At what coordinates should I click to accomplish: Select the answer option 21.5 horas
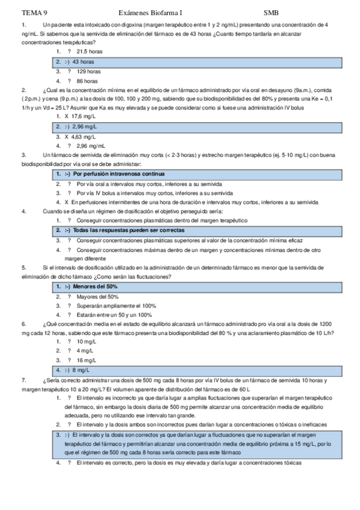pyautogui.click(x=90, y=52)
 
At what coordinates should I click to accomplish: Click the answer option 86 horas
pyautogui.click(x=87, y=81)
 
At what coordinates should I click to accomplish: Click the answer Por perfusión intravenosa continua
pyautogui.click(x=116, y=173)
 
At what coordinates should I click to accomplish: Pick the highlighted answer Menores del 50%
pyautogui.click(x=95, y=287)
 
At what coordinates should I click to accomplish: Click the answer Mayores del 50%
pyautogui.click(x=97, y=296)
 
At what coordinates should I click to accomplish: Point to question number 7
pyautogui.click(x=23, y=380)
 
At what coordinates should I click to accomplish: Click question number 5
pyautogui.click(x=23, y=268)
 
